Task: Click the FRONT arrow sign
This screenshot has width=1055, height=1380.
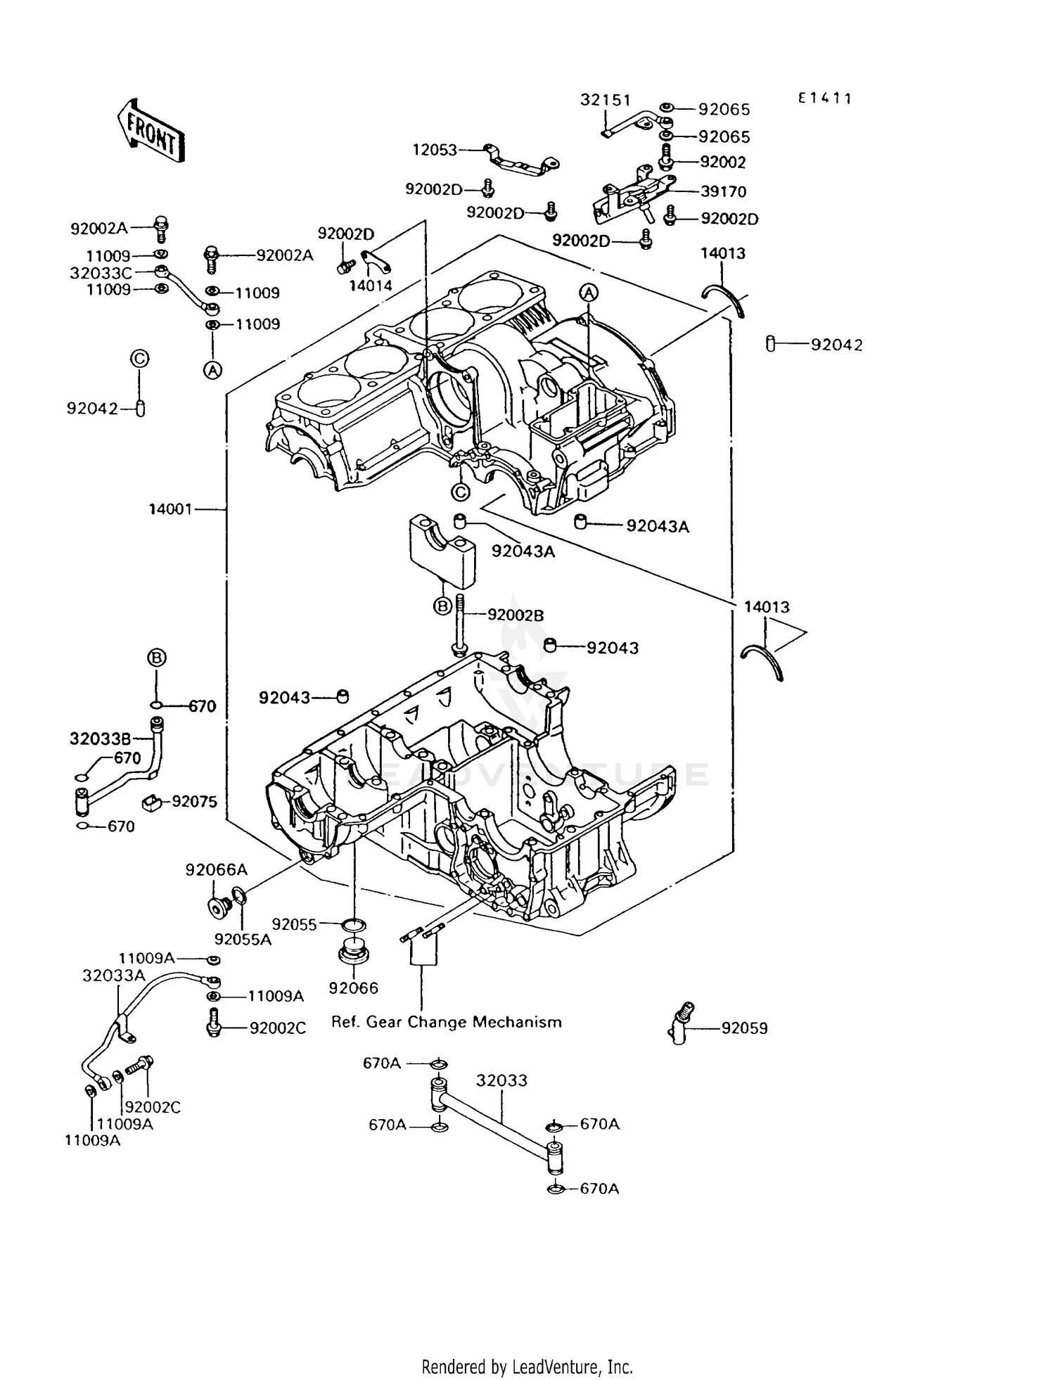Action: point(151,132)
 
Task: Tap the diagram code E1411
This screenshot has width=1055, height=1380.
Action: point(824,98)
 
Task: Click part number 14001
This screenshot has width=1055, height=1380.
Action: point(170,509)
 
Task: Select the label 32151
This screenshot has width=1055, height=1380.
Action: point(605,100)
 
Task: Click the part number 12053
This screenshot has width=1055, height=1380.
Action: point(435,150)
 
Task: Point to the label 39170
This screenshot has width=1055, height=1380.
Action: point(723,191)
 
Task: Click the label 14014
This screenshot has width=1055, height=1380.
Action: point(371,286)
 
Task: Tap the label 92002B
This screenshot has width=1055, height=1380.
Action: point(516,615)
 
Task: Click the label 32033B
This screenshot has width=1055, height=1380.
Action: point(101,739)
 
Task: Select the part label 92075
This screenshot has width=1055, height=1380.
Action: point(194,802)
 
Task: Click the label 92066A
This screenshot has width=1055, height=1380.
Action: point(216,870)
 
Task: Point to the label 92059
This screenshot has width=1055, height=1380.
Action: point(744,1028)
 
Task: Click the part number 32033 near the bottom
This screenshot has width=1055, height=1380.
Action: point(501,1080)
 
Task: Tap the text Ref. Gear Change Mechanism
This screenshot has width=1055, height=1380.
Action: point(447,1022)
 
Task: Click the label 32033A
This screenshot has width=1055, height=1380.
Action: point(114,975)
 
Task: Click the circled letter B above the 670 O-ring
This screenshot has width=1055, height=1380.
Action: point(157,658)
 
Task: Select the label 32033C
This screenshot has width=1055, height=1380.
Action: point(101,272)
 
